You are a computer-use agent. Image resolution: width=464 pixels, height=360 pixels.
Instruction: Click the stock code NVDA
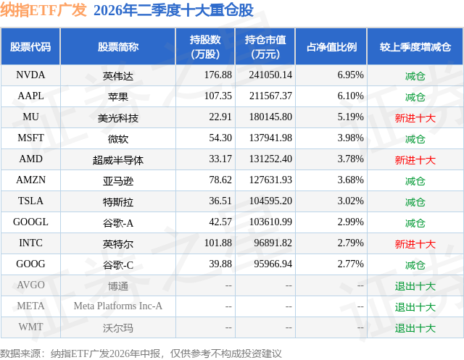click(30, 75)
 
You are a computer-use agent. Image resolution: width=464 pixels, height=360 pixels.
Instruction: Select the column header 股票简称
click(117, 46)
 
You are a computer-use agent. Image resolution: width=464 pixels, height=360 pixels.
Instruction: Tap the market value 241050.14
click(270, 75)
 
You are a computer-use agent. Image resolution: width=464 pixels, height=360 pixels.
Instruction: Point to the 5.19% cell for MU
click(350, 117)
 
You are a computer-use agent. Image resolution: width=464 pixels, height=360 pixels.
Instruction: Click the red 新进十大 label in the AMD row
click(415, 160)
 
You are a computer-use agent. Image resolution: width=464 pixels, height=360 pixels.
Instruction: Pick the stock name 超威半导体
click(117, 160)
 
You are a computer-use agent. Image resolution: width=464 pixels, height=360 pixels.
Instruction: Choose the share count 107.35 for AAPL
click(218, 96)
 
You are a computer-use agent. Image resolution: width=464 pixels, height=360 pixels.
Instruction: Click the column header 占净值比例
click(331, 46)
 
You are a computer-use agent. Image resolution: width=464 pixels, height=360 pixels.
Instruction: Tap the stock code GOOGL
click(30, 222)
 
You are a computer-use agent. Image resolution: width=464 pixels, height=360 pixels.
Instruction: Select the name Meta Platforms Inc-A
click(117, 306)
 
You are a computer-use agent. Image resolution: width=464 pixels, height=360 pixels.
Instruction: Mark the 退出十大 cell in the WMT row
click(415, 328)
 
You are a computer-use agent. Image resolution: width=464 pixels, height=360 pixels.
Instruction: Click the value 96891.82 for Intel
click(273, 243)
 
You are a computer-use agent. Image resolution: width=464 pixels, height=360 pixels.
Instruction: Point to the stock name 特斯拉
click(117, 202)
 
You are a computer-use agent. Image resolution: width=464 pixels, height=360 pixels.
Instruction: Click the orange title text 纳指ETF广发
click(43, 10)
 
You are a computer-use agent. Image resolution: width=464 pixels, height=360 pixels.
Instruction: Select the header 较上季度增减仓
click(415, 46)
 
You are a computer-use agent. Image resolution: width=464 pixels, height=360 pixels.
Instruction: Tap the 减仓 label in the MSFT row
click(415, 139)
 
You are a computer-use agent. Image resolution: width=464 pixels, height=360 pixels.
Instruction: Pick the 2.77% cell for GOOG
click(350, 264)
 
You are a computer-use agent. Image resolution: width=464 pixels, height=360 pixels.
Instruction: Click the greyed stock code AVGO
click(30, 285)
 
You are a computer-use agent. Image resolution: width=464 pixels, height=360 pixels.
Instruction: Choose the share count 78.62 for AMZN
click(220, 180)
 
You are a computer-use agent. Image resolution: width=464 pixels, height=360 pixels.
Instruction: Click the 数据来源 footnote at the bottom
click(141, 353)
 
